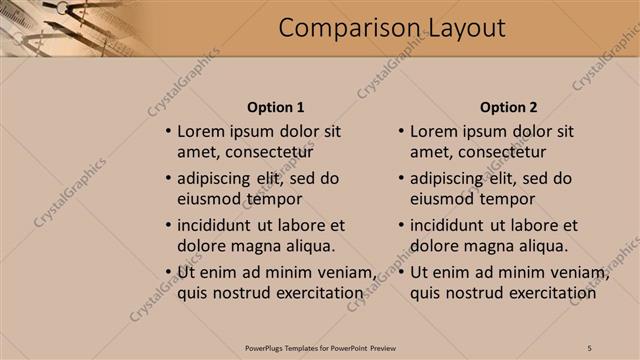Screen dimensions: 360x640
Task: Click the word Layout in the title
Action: pos(459,28)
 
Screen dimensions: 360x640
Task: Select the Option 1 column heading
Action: pos(275,107)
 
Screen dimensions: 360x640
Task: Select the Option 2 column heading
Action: pos(508,107)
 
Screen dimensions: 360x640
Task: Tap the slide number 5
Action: pos(590,347)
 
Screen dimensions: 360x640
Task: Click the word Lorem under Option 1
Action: pos(201,131)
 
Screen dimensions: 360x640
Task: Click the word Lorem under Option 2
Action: pos(434,131)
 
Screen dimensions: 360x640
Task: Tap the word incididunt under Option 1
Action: pos(221,225)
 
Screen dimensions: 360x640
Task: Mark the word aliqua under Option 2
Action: pos(541,246)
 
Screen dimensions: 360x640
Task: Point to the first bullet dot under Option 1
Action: pos(168,132)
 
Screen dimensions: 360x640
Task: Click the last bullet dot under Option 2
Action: pos(401,273)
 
